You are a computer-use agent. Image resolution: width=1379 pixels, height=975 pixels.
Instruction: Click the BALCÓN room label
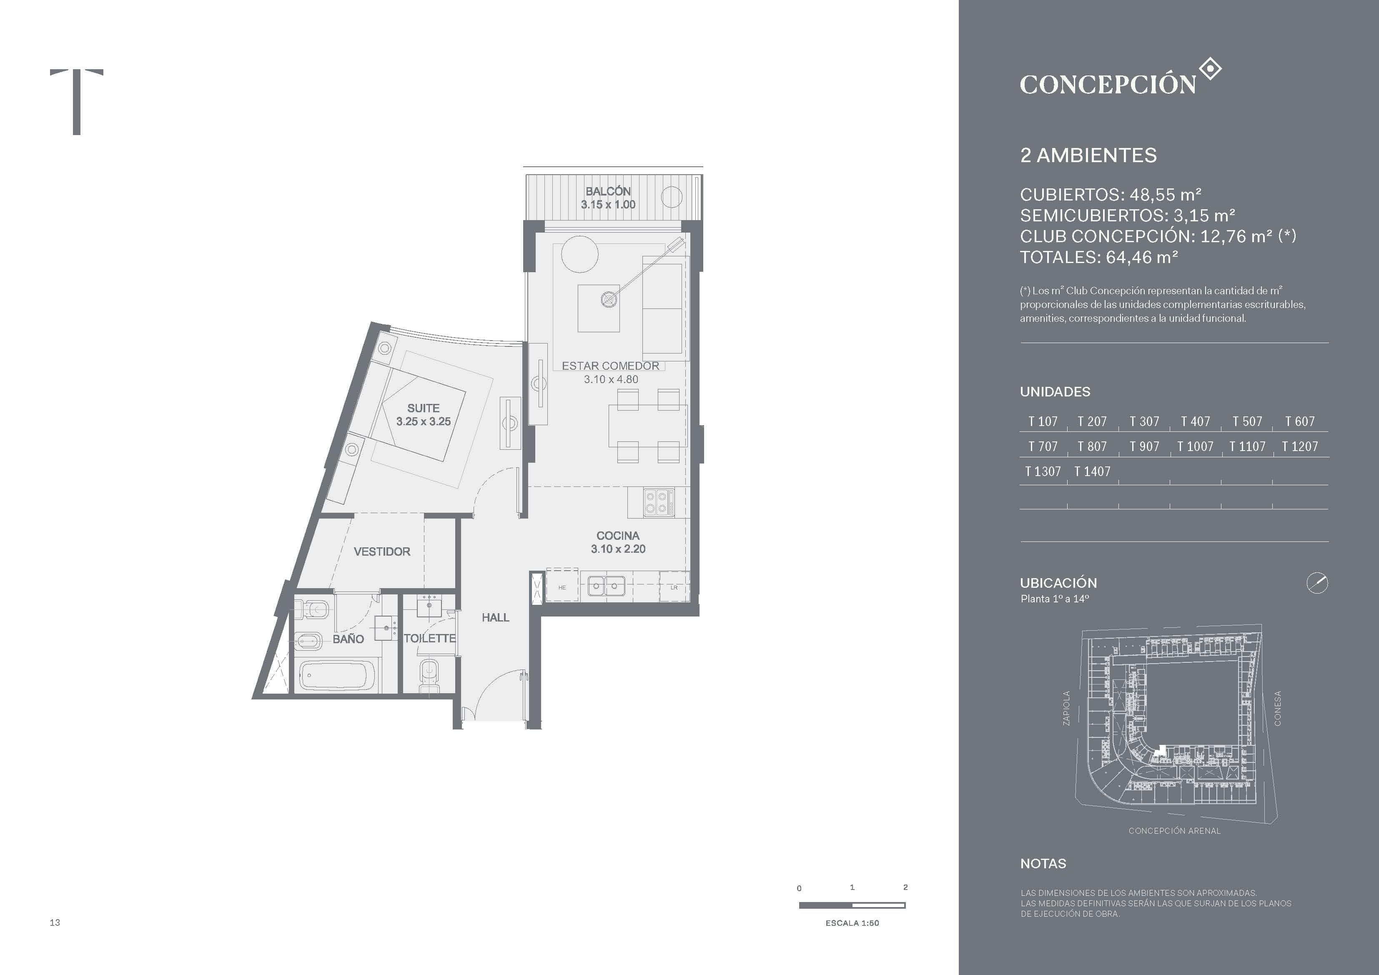(x=608, y=191)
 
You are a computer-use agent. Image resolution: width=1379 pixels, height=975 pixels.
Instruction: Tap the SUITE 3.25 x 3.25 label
(x=424, y=414)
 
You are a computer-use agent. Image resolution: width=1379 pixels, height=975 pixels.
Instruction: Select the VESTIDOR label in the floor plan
(x=382, y=551)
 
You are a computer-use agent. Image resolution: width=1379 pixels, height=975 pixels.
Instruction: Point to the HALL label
(x=496, y=618)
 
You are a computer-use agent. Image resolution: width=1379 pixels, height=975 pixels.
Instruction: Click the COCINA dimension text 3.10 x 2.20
(x=618, y=549)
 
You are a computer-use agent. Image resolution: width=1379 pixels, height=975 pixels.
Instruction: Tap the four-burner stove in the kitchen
(x=658, y=502)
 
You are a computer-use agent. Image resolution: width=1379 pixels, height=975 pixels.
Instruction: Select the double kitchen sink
(x=606, y=586)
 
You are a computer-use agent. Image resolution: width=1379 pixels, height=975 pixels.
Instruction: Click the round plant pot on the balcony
(x=672, y=196)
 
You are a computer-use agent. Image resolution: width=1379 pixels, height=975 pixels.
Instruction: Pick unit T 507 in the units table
(x=1247, y=422)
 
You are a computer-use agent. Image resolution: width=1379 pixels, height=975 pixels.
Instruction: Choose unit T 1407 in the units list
(x=1092, y=471)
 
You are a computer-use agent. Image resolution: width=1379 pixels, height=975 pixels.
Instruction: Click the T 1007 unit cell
(x=1195, y=447)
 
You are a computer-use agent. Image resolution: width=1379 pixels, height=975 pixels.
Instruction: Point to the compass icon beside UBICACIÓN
(x=1317, y=583)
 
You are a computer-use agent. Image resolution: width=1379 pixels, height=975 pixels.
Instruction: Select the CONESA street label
(x=1278, y=708)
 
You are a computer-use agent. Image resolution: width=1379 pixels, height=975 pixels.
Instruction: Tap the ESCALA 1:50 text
(x=852, y=923)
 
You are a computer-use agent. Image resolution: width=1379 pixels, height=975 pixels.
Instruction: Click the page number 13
(x=55, y=922)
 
